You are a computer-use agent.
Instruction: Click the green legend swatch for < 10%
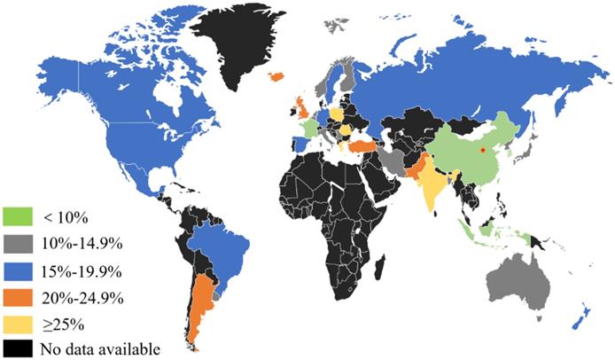(19, 215)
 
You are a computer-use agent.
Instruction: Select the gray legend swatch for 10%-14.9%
(19, 242)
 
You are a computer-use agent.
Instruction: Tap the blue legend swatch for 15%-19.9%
(19, 269)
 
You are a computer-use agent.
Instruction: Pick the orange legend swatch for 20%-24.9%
(19, 295)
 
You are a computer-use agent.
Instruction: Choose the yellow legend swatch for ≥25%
(19, 322)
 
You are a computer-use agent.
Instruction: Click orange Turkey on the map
(362, 145)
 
